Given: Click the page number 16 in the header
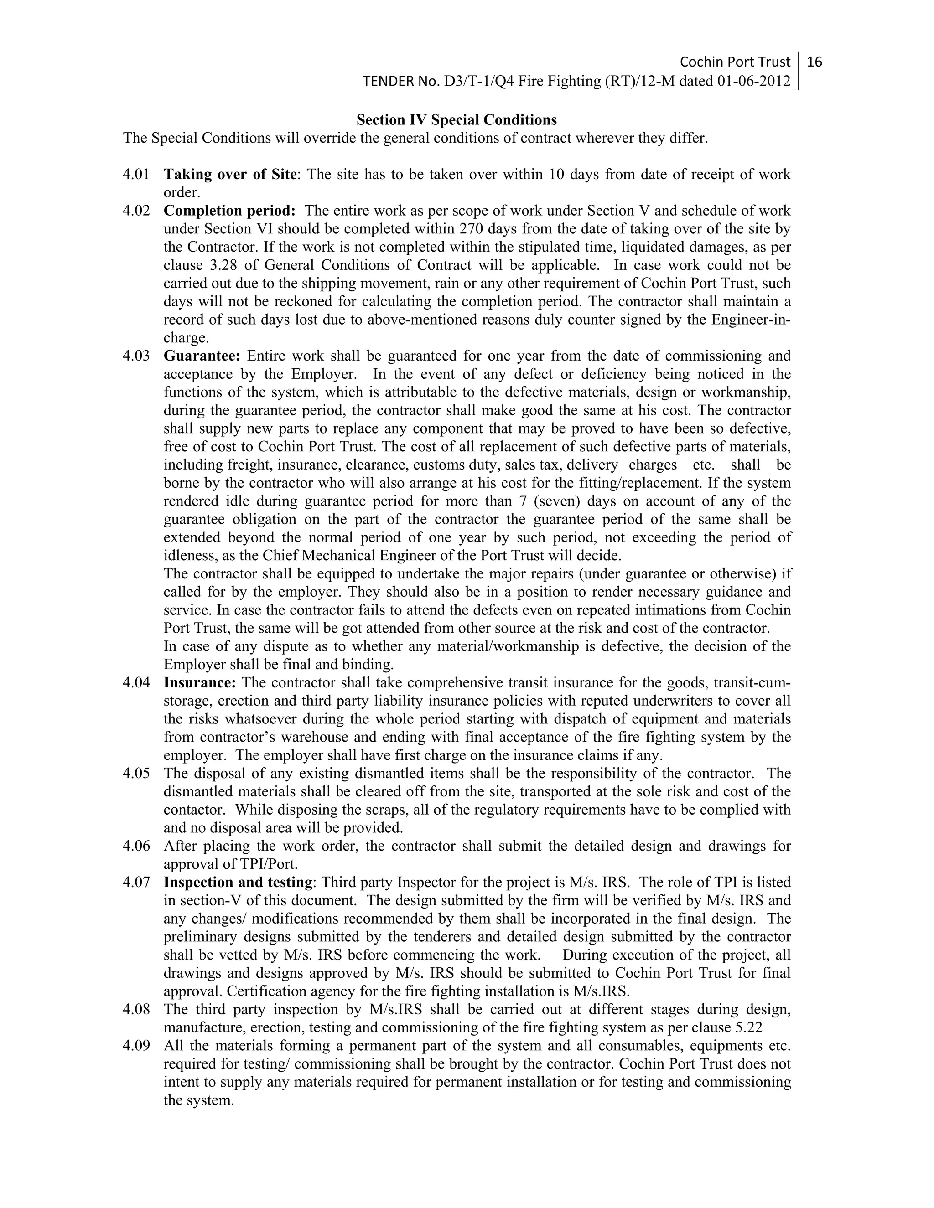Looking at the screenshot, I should point(815,62).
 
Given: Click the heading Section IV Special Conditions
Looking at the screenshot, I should point(457,120).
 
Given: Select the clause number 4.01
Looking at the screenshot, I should point(136,174).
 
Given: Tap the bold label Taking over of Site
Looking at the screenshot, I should point(230,174).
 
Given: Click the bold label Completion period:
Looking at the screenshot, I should point(230,211).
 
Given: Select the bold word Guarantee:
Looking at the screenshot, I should point(202,356).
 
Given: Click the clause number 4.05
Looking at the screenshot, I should point(136,773).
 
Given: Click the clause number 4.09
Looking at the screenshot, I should point(136,1046).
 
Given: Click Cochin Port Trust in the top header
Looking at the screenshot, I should point(735,62).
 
